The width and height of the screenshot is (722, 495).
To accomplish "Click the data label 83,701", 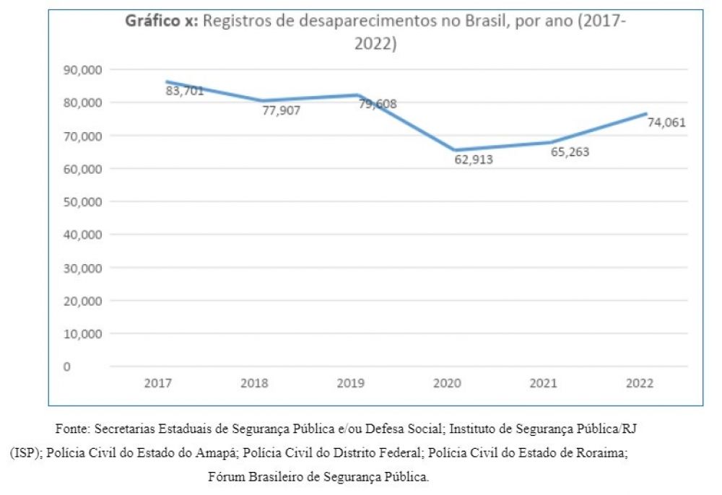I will point(185,91).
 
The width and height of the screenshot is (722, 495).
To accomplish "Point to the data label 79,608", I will point(378,104).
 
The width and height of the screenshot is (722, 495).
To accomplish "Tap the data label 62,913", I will point(474,159).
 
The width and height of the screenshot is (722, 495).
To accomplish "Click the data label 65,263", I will point(570,152).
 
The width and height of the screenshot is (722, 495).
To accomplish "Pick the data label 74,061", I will point(666,123).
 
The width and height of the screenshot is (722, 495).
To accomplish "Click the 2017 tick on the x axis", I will point(157,383).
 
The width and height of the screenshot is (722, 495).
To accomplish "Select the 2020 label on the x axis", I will point(447,383).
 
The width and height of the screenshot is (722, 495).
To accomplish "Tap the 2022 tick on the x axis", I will point(639,383).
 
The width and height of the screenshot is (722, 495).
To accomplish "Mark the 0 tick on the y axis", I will point(67,367).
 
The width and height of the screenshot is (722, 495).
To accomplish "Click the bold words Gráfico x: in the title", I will point(162,21).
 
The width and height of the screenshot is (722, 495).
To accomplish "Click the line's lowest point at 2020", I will point(454,150).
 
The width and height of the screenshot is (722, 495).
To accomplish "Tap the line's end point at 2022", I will point(646,113).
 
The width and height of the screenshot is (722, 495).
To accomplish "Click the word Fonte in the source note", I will point(71,429).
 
